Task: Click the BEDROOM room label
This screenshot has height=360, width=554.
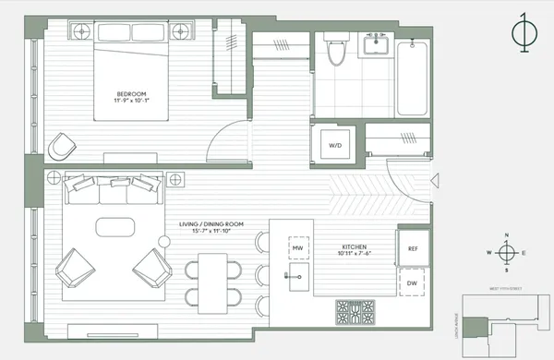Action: coord(128,91)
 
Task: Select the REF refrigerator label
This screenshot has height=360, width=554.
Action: coord(412,248)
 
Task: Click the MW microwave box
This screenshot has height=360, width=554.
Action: coord(297,248)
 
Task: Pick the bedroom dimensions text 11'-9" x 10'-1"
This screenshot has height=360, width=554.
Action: coord(128,99)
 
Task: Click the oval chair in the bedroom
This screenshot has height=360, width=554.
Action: coord(61,146)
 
